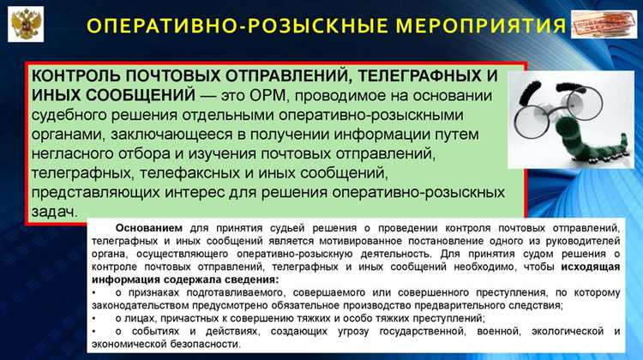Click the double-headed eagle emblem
click(x=23, y=22)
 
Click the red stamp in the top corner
click(x=607, y=23)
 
